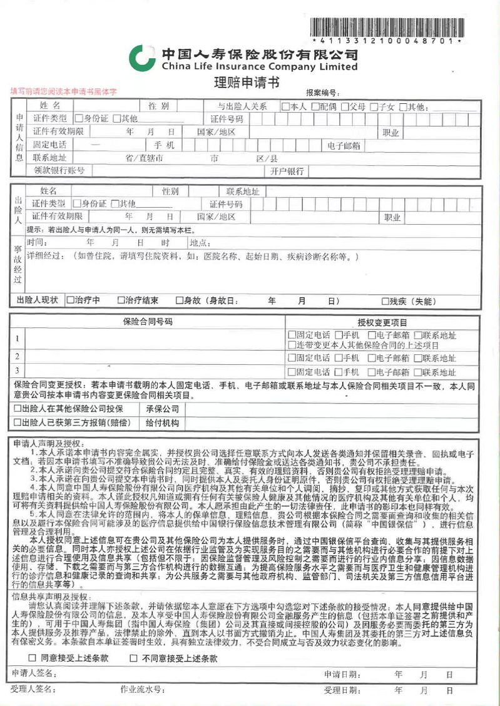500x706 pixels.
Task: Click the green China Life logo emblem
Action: click(x=142, y=58)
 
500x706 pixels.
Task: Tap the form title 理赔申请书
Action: click(x=247, y=82)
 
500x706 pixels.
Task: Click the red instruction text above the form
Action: click(x=63, y=91)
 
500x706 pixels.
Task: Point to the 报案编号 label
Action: click(x=322, y=93)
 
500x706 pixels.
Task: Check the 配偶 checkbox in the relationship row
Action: click(x=315, y=106)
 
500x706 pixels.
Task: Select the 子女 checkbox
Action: click(x=375, y=106)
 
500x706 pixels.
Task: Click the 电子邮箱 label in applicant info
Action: click(x=344, y=146)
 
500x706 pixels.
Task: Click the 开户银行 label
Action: click(x=287, y=171)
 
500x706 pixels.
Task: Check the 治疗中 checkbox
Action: click(x=70, y=300)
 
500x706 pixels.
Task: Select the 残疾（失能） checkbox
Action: click(x=385, y=301)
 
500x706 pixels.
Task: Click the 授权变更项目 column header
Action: click(x=382, y=322)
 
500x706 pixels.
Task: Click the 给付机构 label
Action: click(x=162, y=423)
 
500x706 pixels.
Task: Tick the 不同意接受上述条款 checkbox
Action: click(x=133, y=658)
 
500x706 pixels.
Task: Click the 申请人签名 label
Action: click(x=34, y=674)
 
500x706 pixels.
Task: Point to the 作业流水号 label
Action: click(x=142, y=690)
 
